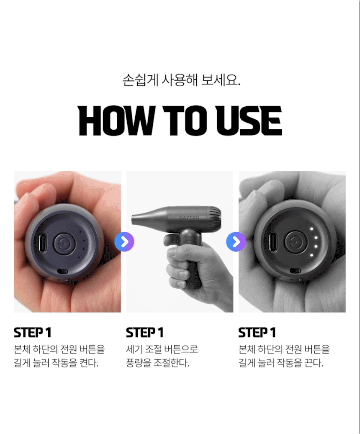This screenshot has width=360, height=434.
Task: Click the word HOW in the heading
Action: click(x=116, y=121)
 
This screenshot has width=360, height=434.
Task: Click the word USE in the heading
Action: click(x=249, y=121)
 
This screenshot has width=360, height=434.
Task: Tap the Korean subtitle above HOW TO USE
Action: click(x=181, y=80)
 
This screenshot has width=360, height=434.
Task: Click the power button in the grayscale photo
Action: click(x=295, y=243)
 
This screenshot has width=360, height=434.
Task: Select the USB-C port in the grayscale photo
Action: click(x=273, y=243)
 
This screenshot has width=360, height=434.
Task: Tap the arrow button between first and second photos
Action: click(x=124, y=241)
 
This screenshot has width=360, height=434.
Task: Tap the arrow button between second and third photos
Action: click(x=236, y=241)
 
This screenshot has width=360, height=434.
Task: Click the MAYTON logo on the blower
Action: click(x=189, y=217)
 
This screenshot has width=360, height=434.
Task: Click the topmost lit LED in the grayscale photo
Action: click(x=311, y=229)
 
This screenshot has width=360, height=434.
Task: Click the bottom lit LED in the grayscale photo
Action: click(x=311, y=255)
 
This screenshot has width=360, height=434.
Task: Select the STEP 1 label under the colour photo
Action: click(x=33, y=332)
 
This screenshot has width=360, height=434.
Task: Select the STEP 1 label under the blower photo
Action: click(x=145, y=332)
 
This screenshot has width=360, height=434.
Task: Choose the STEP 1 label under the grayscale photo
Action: click(x=257, y=332)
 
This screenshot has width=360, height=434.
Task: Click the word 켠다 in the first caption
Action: click(x=89, y=362)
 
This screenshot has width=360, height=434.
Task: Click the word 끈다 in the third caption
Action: click(x=314, y=362)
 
